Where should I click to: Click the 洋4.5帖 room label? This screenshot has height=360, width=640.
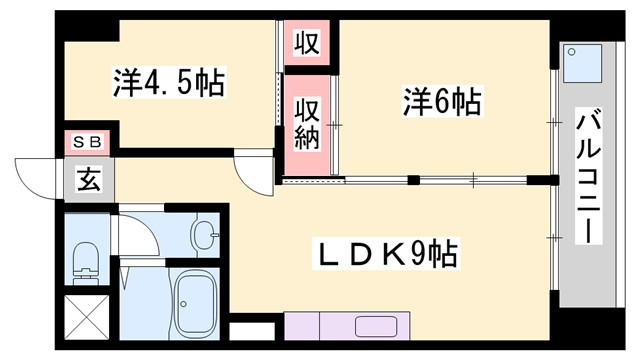pyautogui.click(x=168, y=81)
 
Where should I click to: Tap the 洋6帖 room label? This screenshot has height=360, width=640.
pyautogui.click(x=443, y=101)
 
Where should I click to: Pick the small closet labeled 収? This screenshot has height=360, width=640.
pyautogui.click(x=306, y=43)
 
